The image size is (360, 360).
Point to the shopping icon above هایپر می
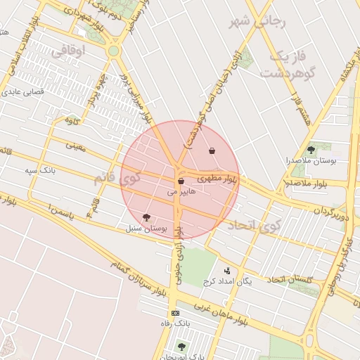click(181, 181)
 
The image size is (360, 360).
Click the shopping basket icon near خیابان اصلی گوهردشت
click(212, 150)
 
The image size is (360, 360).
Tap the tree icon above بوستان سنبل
click(146, 218)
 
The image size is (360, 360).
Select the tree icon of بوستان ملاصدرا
click(311, 150)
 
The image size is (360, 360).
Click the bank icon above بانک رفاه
click(175, 313)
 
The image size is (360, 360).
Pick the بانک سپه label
click(40, 170)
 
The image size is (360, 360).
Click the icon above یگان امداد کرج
click(226, 271)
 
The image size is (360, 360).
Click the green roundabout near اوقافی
click(114, 51)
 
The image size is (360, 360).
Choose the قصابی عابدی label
click(24, 91)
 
